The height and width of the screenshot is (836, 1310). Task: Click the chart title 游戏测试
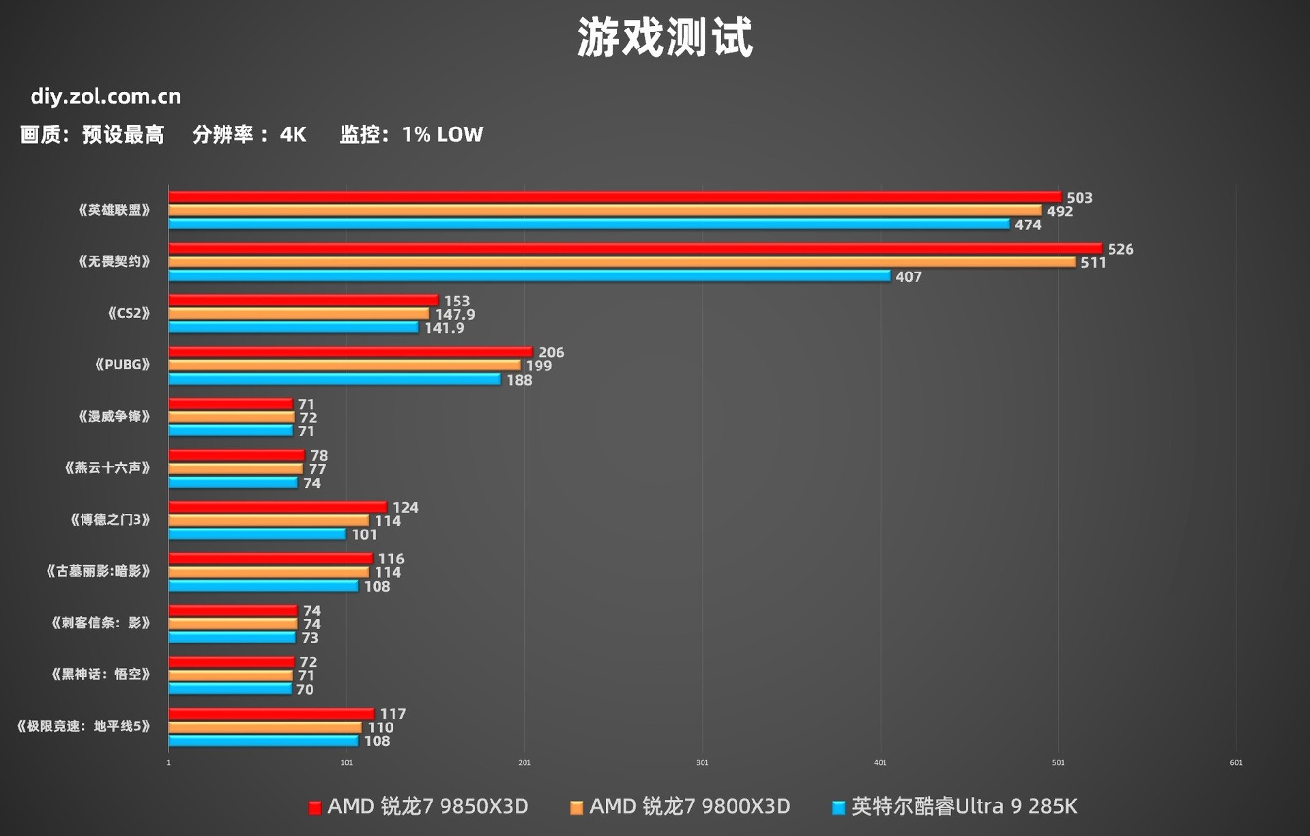(665, 37)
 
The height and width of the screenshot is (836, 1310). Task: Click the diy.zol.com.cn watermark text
(106, 97)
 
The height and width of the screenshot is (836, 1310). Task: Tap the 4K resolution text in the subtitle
(293, 134)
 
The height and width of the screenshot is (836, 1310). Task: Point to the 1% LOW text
(442, 134)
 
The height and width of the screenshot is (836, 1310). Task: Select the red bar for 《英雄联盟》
(614, 197)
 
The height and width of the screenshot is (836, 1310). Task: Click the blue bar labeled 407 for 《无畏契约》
(529, 276)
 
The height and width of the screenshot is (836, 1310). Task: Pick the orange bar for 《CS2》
(299, 314)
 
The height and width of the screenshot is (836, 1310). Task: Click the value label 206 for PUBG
(551, 352)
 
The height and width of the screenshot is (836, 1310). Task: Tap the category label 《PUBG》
(122, 364)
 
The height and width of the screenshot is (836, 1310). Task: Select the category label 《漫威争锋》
(114, 416)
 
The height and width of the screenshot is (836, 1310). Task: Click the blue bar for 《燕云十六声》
(233, 482)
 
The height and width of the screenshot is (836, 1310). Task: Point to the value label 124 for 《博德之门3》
(405, 507)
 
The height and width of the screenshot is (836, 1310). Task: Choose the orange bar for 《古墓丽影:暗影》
(268, 572)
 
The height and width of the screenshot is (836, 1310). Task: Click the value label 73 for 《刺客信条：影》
(310, 637)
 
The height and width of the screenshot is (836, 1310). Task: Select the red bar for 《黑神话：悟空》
(231, 662)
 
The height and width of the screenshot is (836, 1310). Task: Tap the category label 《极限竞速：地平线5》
(83, 726)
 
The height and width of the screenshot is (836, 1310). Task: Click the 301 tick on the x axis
(702, 762)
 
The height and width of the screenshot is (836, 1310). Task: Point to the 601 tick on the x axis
(1236, 762)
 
